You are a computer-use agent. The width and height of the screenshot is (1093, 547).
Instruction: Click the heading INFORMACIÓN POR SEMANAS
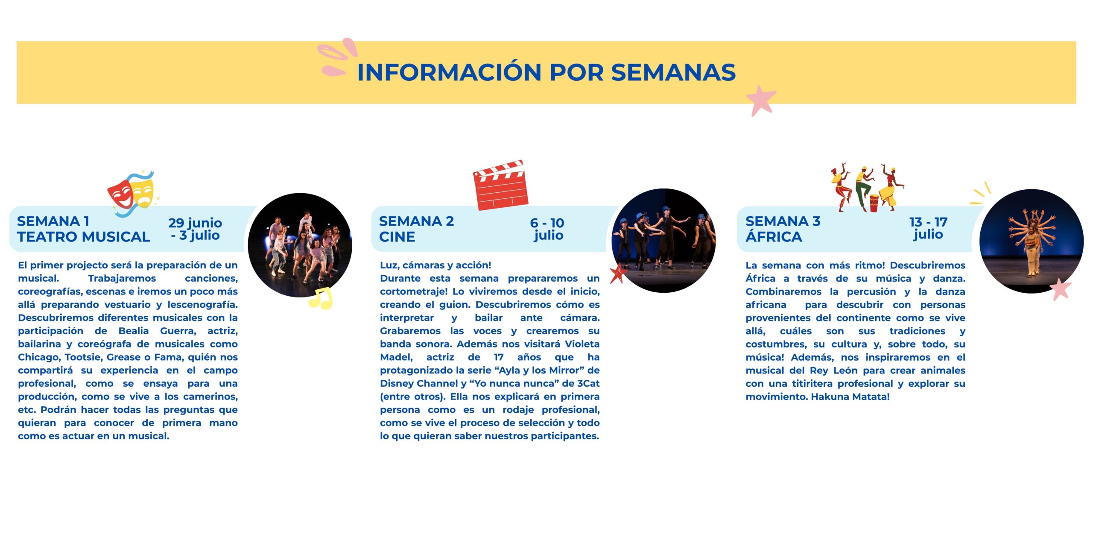tap(546, 72)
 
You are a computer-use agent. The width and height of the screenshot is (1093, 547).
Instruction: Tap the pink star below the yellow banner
tap(761, 101)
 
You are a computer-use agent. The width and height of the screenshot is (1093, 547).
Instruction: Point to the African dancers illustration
tap(867, 187)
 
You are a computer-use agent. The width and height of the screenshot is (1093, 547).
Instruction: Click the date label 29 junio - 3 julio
tap(195, 229)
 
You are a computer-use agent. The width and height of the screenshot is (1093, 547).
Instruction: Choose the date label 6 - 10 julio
tap(547, 229)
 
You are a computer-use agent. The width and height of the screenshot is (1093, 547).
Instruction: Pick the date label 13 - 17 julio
tap(928, 228)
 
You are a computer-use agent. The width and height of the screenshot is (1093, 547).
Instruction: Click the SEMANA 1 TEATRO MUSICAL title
tap(84, 229)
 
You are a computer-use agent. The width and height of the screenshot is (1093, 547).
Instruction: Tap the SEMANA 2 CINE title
tap(416, 229)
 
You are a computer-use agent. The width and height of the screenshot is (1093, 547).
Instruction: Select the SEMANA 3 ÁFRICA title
tap(783, 229)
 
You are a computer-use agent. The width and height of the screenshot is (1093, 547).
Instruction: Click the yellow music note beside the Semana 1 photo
tap(320, 298)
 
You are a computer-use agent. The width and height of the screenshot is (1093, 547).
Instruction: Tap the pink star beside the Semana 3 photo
tap(1061, 289)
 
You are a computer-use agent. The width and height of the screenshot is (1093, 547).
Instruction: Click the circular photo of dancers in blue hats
tap(663, 241)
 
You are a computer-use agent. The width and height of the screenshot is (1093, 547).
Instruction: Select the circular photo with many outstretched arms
tap(1032, 241)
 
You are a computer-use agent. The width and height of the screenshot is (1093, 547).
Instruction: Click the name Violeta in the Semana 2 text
tap(582, 344)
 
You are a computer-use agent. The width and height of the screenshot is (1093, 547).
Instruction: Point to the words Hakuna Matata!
tap(850, 397)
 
